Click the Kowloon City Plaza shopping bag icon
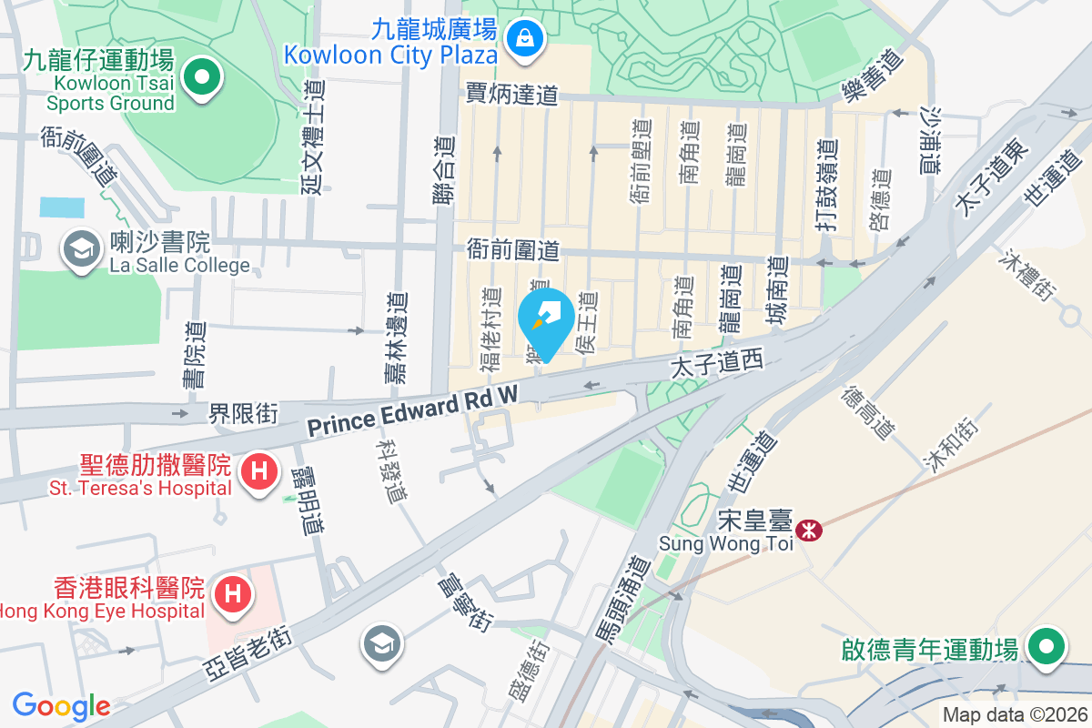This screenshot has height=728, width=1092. [x=525, y=38]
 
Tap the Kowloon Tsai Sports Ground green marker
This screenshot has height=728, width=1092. [x=202, y=76]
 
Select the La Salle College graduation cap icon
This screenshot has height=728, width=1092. [x=81, y=248]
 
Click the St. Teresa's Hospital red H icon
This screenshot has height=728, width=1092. [x=259, y=472]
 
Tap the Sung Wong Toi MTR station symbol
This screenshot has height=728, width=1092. [x=806, y=529]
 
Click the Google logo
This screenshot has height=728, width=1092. [x=61, y=705]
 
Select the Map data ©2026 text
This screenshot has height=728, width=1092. [x=1015, y=714]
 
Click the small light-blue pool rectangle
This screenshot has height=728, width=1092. [x=62, y=207]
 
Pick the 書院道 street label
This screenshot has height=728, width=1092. [x=194, y=356]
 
